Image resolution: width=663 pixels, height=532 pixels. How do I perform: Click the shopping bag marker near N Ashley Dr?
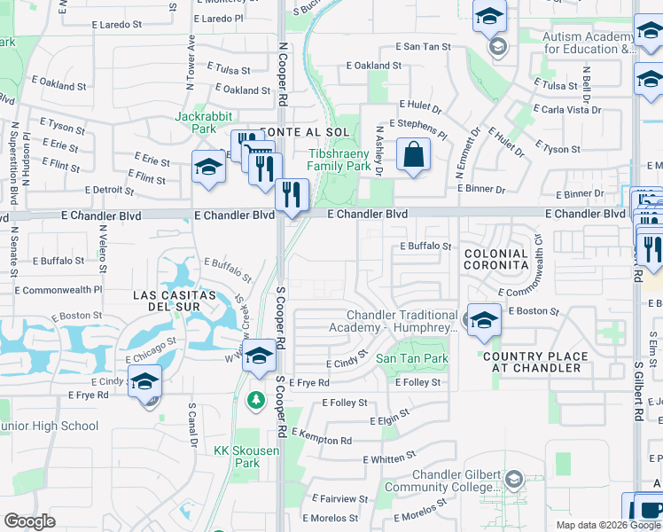pyautogui.click(x=413, y=154)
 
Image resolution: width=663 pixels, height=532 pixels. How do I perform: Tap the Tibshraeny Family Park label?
pyautogui.click(x=339, y=160)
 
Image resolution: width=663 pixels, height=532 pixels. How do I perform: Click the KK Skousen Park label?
pyautogui.click(x=237, y=457)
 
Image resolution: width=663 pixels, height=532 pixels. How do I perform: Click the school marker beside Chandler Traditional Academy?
pyautogui.click(x=484, y=320)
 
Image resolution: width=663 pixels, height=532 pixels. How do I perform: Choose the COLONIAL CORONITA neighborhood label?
pyautogui.click(x=495, y=260)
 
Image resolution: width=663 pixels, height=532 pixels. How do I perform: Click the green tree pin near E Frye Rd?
pyautogui.click(x=256, y=401)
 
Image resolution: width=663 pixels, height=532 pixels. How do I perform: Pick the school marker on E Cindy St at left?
pyautogui.click(x=144, y=382)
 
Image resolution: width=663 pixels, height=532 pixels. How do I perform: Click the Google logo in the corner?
pyautogui.click(x=29, y=521)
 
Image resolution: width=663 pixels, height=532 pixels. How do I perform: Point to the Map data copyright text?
pyautogui.click(x=608, y=525)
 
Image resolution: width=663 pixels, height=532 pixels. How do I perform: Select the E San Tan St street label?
pyautogui.click(x=423, y=46)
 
